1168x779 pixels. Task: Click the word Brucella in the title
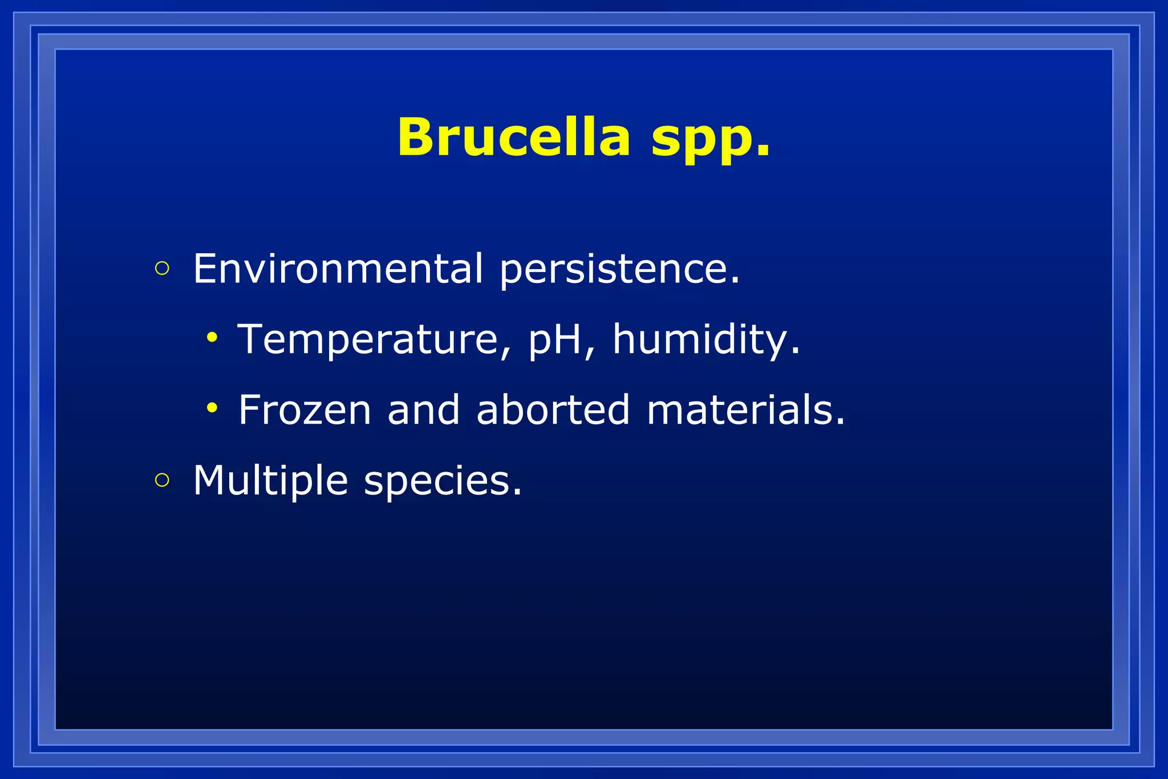click(x=514, y=137)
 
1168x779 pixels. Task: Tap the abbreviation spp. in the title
click(x=711, y=140)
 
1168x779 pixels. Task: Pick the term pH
click(x=555, y=340)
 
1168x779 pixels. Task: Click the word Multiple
click(x=270, y=480)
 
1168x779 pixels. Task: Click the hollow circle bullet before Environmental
click(x=162, y=269)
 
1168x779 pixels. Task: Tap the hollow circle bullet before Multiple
click(x=162, y=480)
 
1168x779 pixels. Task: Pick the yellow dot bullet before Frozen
click(x=212, y=408)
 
